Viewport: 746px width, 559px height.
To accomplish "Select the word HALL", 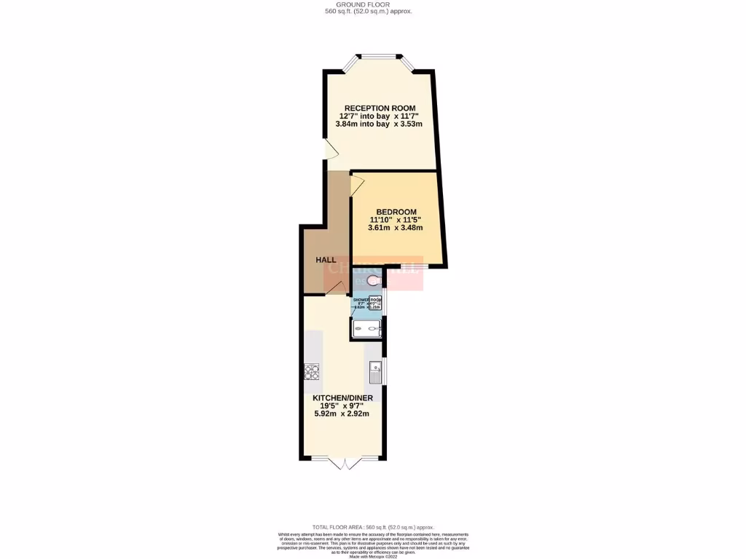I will pos(326,260).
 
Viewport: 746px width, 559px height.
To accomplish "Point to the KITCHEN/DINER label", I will pos(342,398).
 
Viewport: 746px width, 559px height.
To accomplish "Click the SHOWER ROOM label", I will pos(367,300).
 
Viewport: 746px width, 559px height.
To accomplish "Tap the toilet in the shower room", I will pos(374,280).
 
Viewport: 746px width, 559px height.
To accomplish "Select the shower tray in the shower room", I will pos(366,330).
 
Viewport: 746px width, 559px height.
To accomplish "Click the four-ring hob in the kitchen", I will pos(312,372).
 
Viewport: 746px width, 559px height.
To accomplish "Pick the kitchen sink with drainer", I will pos(375,372).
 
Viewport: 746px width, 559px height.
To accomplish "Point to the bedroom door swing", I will pos(357,186).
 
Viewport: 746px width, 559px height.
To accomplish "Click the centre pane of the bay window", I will pos(378,55).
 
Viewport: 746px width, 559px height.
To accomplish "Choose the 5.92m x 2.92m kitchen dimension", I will pos(342,414).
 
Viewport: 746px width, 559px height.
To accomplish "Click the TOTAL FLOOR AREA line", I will pos(373,527).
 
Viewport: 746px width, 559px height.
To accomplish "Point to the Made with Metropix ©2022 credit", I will pos(373,555).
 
